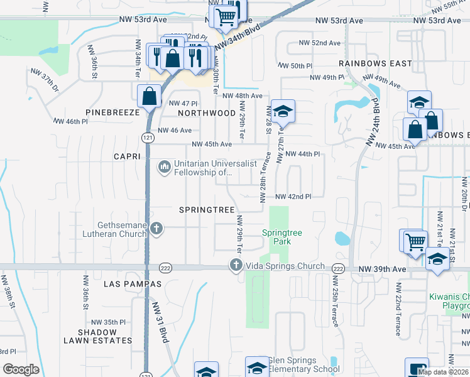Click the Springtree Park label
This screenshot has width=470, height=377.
click(x=281, y=237)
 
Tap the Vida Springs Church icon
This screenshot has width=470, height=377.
click(x=236, y=265)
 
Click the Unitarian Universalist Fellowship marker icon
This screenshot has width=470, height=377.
click(x=163, y=167)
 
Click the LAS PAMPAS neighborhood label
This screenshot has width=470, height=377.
click(x=133, y=284)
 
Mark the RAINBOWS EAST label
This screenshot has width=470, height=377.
click(x=375, y=63)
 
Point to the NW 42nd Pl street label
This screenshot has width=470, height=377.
click(x=293, y=197)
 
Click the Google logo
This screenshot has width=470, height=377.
click(x=21, y=369)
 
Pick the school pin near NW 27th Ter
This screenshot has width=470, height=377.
click(x=283, y=111)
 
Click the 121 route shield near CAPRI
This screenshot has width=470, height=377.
click(x=146, y=138)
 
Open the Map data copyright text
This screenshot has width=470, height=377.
click(x=443, y=372)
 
